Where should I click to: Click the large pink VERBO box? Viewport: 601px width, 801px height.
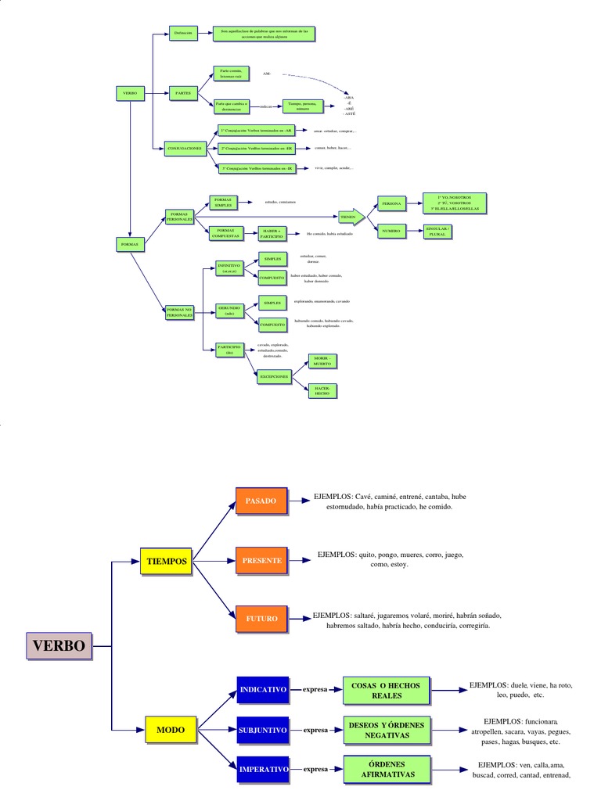[59, 645]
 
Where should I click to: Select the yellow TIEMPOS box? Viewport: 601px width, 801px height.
[167, 561]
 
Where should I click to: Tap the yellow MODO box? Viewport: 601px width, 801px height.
[170, 730]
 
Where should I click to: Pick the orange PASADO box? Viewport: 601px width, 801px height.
[261, 501]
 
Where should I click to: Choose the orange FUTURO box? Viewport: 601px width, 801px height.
[261, 618]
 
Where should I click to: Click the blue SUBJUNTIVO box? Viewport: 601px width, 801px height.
[263, 730]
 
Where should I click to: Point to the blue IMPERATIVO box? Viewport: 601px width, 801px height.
[264, 770]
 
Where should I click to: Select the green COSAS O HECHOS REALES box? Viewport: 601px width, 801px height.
[385, 691]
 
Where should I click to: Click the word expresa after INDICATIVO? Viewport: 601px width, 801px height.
[315, 691]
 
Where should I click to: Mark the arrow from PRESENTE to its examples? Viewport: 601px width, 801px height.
[298, 560]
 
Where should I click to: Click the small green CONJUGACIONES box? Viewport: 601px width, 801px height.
[185, 147]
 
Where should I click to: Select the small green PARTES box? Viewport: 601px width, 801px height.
[182, 92]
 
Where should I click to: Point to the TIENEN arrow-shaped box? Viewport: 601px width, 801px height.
[350, 216]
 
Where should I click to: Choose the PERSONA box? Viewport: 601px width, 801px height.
[391, 203]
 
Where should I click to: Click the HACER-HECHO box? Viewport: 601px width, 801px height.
[322, 390]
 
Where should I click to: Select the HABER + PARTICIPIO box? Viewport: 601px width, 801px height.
[272, 233]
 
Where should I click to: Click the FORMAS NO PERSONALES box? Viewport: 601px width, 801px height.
[185, 312]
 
